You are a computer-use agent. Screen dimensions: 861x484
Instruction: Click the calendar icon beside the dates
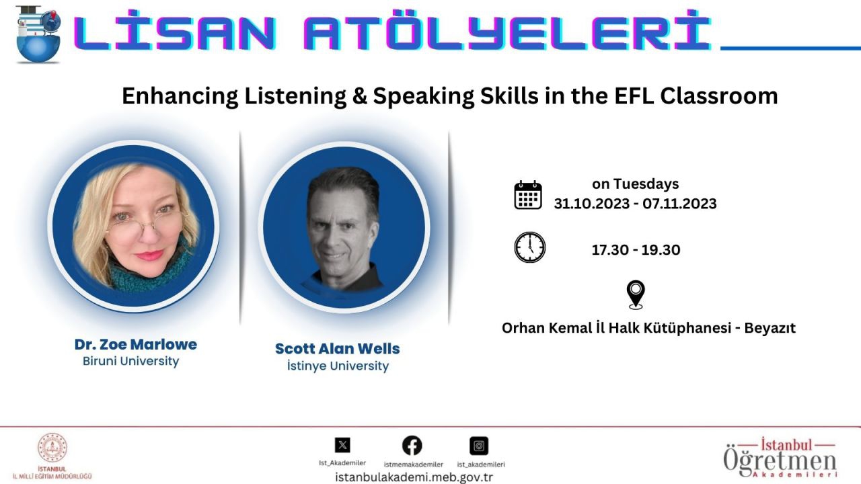[528, 195]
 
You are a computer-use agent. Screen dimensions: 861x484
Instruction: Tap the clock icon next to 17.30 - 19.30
[529, 247]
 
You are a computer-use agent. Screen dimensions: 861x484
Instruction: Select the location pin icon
[636, 294]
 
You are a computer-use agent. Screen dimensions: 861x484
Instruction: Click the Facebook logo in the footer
[412, 446]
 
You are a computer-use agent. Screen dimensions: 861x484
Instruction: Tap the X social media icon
[342, 445]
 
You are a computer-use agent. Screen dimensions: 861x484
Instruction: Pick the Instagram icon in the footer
[479, 446]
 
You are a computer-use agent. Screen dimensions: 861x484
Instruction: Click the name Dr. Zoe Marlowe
[136, 345]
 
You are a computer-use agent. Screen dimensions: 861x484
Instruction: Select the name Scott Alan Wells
[338, 349]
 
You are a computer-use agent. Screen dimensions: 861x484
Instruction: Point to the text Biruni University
[130, 362]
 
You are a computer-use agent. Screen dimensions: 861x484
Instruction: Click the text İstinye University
[338, 366]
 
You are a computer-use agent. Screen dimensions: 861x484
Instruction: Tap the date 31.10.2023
[591, 204]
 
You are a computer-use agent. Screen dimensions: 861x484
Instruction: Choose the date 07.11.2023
[679, 204]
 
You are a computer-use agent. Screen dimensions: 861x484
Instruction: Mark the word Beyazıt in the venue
[770, 328]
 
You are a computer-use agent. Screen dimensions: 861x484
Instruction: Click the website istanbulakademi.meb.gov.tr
[414, 477]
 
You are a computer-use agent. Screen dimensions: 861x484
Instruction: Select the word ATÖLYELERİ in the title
[507, 32]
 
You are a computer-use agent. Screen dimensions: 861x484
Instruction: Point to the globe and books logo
[38, 34]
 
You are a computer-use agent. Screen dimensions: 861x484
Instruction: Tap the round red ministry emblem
[52, 448]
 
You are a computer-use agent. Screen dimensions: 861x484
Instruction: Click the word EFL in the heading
[634, 96]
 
